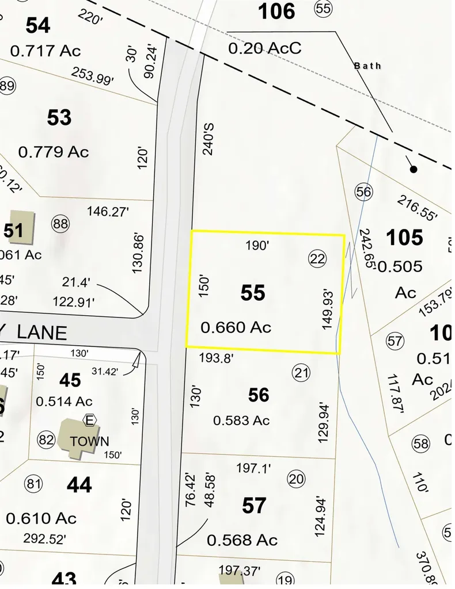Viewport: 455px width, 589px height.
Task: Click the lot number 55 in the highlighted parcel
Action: click(253, 293)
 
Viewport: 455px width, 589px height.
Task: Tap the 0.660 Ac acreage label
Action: click(236, 328)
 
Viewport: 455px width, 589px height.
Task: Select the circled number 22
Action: click(317, 259)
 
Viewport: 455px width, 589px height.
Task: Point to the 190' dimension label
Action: click(257, 246)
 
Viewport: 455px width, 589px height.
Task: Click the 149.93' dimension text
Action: click(328, 309)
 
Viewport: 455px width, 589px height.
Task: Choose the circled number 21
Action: click(301, 373)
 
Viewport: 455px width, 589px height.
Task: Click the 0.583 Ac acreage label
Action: click(241, 420)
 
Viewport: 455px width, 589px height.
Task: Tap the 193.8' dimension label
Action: click(216, 358)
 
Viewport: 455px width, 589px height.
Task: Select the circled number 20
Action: click(297, 479)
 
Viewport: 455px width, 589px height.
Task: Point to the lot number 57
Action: click(254, 506)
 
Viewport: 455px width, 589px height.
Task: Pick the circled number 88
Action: click(60, 223)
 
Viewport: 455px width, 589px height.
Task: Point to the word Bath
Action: click(367, 66)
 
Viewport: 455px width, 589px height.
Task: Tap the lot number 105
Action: click(404, 237)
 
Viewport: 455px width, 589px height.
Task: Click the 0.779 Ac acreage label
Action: click(54, 152)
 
